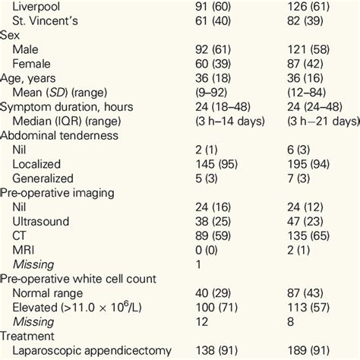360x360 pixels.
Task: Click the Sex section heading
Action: click(x=11, y=36)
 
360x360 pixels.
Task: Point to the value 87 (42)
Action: click(x=308, y=65)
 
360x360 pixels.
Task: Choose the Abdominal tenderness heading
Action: click(x=65, y=137)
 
